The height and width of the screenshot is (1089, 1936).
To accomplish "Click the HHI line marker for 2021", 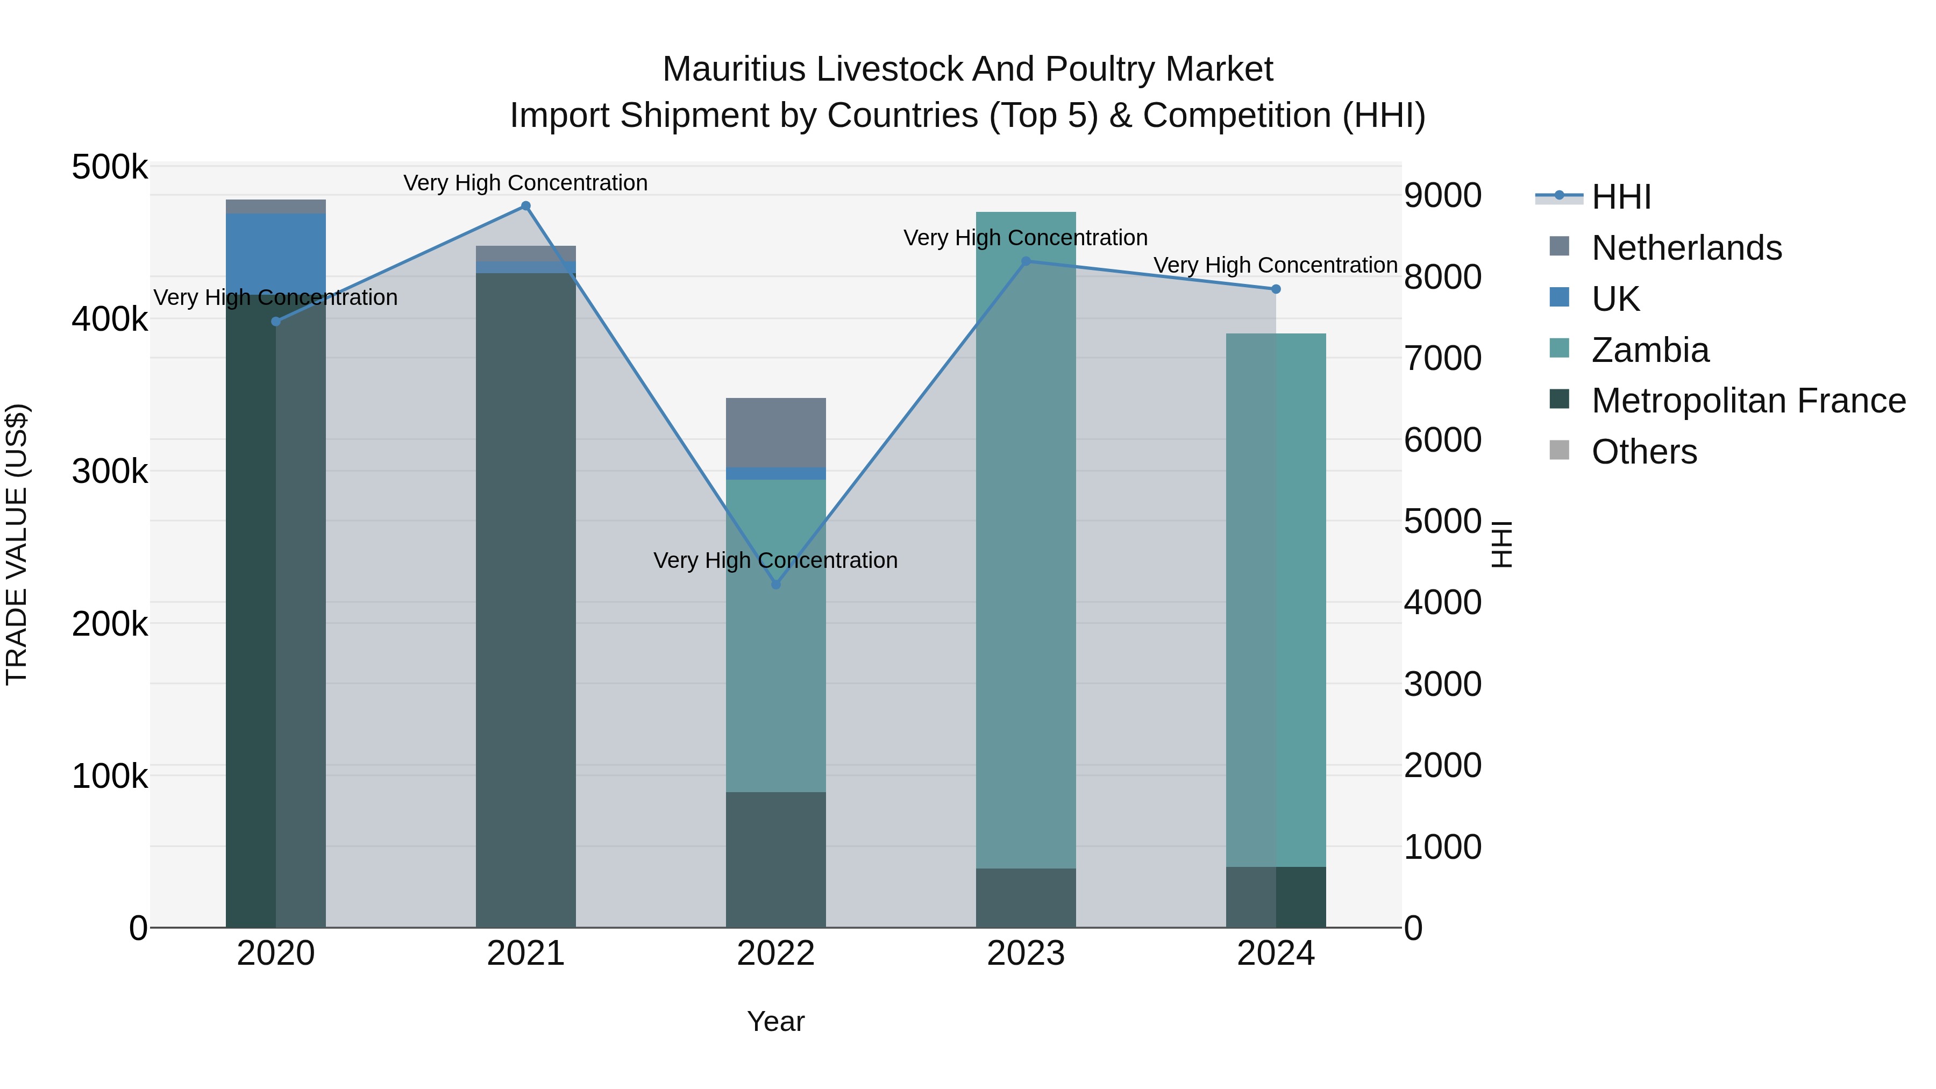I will coord(525,206).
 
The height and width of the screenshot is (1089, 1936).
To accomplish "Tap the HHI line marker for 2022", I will coord(775,585).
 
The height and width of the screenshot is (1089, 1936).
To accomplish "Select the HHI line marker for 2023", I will coord(1026,261).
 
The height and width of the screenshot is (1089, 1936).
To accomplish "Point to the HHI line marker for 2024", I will coord(1276,289).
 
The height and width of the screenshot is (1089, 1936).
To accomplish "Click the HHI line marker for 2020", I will coord(276,322).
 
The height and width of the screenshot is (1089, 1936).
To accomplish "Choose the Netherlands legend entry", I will coord(1686,247).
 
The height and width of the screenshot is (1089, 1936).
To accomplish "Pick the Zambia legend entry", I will coord(1650,350).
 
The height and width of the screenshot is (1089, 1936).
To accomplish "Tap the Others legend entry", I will coord(1643,452).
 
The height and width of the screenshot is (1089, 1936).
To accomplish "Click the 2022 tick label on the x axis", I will coord(775,953).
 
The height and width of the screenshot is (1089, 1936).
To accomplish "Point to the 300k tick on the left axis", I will coord(110,472).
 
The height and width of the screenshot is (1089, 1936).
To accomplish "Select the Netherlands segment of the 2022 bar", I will coord(775,432).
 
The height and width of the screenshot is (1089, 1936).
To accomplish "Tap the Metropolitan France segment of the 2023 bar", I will coord(1026,898).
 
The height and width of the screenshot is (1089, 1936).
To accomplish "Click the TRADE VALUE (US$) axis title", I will coord(17,544).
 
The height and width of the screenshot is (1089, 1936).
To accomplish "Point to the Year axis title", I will coord(775,1021).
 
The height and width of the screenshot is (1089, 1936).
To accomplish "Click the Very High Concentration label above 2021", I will coord(525,183).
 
